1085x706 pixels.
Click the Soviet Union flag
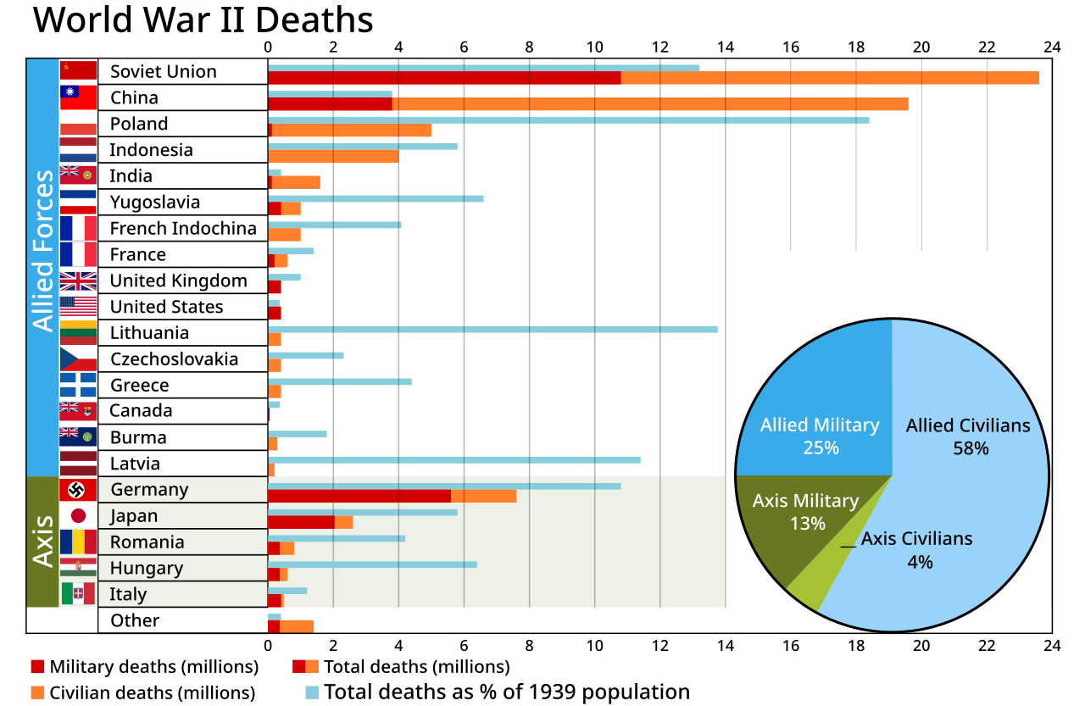78,70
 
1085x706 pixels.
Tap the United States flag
78,306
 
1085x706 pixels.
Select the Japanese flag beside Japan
78,515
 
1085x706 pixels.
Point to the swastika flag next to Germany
78,490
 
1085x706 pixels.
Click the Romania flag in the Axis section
78,542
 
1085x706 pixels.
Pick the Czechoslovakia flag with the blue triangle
78,359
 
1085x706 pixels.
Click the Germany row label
149,490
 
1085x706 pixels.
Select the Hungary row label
147,568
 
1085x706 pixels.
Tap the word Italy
128,594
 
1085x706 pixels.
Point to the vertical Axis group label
42,541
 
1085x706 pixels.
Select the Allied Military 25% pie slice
814,398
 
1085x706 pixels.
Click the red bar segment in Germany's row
359,496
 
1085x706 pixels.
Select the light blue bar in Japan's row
363,512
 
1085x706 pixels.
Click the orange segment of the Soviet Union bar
831,78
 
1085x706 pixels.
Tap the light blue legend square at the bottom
312,692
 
